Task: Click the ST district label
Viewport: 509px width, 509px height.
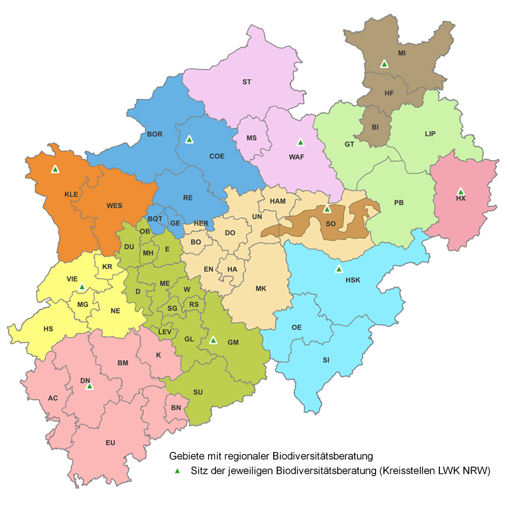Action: tap(247, 82)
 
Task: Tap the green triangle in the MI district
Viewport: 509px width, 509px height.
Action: tap(384, 64)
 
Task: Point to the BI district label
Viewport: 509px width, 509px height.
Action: tap(375, 127)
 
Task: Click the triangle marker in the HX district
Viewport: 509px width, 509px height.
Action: tap(460, 192)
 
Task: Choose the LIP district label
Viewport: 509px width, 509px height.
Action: tap(430, 134)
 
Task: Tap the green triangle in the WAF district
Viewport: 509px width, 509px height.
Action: tap(300, 142)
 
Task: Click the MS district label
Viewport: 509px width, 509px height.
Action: tap(252, 138)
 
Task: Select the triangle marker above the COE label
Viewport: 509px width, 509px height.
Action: tap(189, 139)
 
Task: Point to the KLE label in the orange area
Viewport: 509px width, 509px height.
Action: tap(71, 194)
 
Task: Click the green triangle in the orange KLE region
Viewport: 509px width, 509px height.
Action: tap(55, 169)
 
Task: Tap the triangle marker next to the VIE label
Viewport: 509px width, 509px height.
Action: tap(81, 287)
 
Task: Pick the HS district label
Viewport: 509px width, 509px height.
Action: tap(48, 329)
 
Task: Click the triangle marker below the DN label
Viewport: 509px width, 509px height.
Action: tap(89, 387)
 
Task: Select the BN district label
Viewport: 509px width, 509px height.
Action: tap(176, 407)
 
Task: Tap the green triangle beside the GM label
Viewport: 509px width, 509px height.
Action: tap(213, 340)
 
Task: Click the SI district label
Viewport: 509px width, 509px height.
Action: tap(326, 360)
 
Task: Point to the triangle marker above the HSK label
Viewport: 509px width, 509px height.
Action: tap(339, 269)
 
